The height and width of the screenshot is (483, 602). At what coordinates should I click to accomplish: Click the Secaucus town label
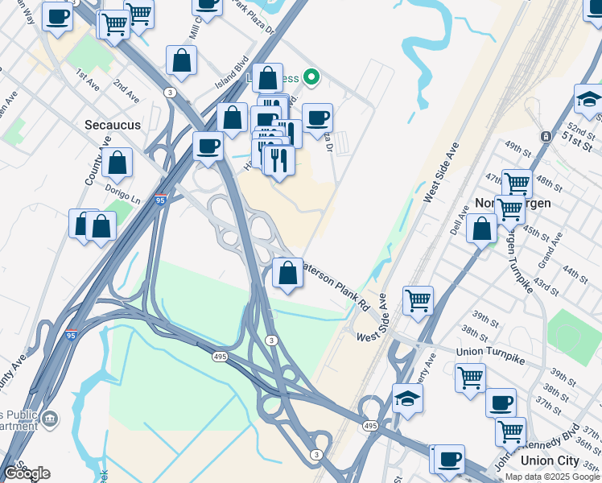(113, 125)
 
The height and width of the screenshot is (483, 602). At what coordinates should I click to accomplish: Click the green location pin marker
(311, 77)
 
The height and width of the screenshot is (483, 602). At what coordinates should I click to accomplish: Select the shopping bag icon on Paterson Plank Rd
(287, 273)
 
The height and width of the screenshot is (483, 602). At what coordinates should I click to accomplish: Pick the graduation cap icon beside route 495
(407, 398)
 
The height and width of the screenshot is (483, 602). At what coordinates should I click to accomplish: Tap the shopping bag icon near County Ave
(117, 162)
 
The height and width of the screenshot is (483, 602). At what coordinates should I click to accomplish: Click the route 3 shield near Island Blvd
(169, 93)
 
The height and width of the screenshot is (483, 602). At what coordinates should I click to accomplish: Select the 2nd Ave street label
(126, 89)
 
